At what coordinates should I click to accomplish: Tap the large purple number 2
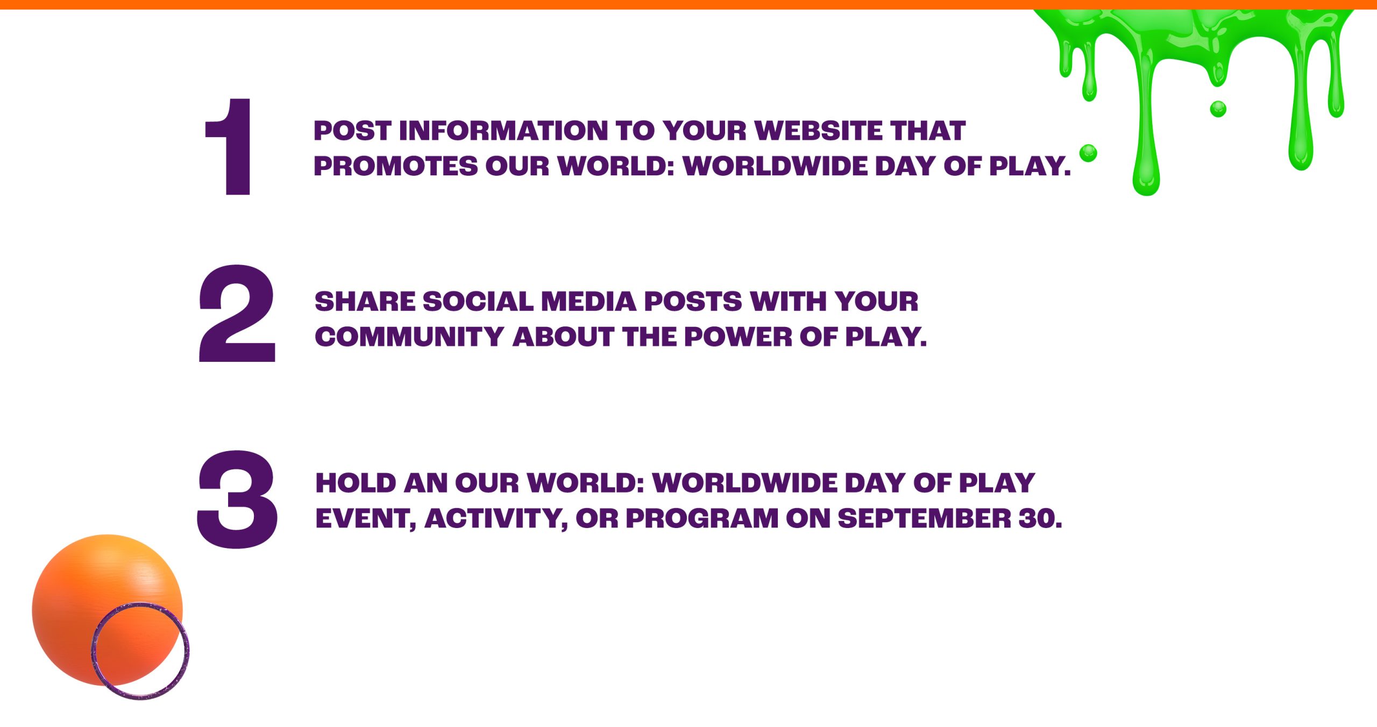pyautogui.click(x=237, y=313)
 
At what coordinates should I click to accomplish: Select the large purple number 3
pyautogui.click(x=237, y=500)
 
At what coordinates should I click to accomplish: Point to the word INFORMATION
pyautogui.click(x=503, y=131)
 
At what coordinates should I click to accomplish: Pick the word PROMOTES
pyautogui.click(x=396, y=166)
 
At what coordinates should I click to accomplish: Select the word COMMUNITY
pyautogui.click(x=409, y=337)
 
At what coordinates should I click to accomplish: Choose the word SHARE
pyautogui.click(x=365, y=302)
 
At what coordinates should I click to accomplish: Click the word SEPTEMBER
pyautogui.click(x=925, y=518)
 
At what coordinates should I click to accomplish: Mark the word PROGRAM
pyautogui.click(x=702, y=518)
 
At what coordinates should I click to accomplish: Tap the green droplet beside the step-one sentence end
pyautogui.click(x=1088, y=153)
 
